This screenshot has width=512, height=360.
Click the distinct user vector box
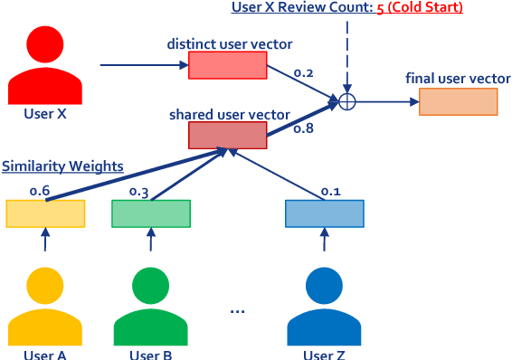(x=228, y=65)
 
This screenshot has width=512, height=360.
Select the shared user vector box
(x=228, y=135)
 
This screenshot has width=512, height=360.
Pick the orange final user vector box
(x=459, y=101)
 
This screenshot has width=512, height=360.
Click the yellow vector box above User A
(x=45, y=213)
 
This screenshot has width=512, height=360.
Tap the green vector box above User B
(x=151, y=213)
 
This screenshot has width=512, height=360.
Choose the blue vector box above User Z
(x=325, y=213)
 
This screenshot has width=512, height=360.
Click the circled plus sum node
(x=346, y=101)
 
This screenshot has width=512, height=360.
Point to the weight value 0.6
(x=40, y=191)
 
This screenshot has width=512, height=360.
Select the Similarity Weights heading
(x=62, y=166)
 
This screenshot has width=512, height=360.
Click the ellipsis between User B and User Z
(x=237, y=310)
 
